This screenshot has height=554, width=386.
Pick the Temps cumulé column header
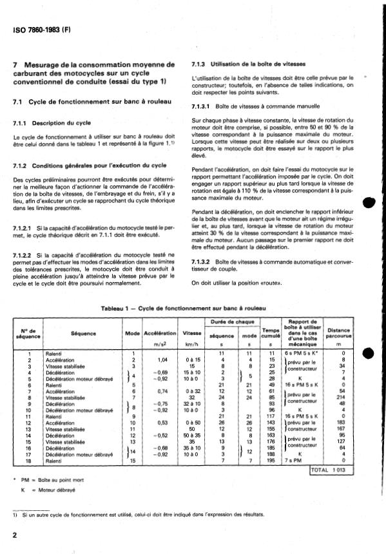270,332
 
